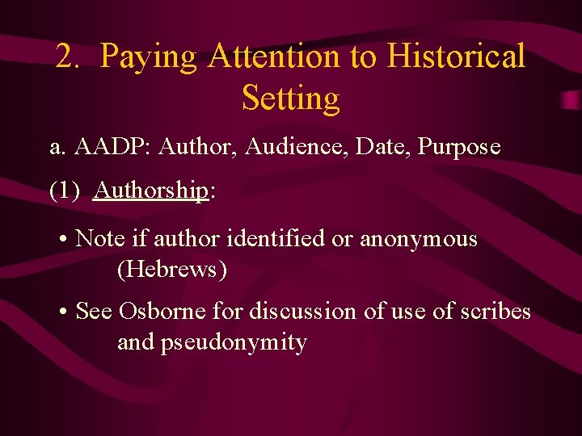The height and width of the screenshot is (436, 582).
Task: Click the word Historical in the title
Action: (x=456, y=57)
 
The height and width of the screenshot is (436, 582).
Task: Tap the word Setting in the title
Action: (x=291, y=99)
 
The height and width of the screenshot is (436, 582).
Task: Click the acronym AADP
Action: (x=112, y=147)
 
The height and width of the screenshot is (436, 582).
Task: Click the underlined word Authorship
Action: (x=151, y=191)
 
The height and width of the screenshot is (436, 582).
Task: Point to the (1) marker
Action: (x=65, y=191)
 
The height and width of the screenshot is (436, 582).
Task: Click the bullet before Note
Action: (x=63, y=240)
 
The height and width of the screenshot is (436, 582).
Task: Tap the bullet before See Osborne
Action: (x=63, y=311)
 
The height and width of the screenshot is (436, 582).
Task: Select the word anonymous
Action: (x=419, y=240)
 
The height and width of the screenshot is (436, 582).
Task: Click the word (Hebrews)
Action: (x=172, y=270)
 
